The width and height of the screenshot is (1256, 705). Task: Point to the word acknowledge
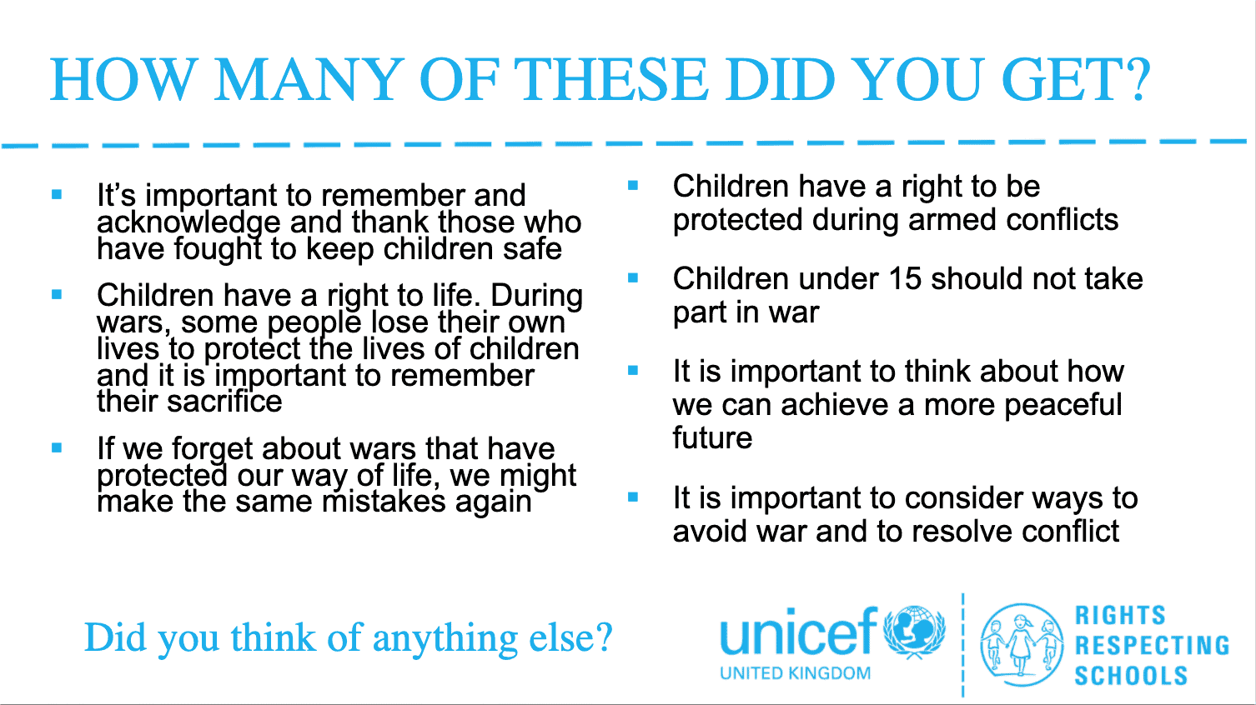(x=188, y=223)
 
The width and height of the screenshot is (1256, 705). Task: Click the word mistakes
(x=384, y=501)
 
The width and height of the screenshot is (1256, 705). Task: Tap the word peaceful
(x=1063, y=406)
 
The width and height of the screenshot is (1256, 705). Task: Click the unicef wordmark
(x=798, y=632)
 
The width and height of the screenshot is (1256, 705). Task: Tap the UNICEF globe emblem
(x=915, y=632)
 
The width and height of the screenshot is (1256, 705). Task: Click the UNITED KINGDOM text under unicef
(x=795, y=673)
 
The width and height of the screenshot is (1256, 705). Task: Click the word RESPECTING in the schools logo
(x=1153, y=645)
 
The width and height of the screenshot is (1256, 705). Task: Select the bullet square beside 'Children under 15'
(x=633, y=278)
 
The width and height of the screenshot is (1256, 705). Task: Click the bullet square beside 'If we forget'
(x=57, y=447)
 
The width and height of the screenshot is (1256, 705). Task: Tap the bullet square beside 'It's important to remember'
(x=57, y=195)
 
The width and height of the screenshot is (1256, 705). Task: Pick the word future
(x=712, y=438)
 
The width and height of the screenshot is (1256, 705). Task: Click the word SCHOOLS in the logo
(x=1131, y=676)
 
